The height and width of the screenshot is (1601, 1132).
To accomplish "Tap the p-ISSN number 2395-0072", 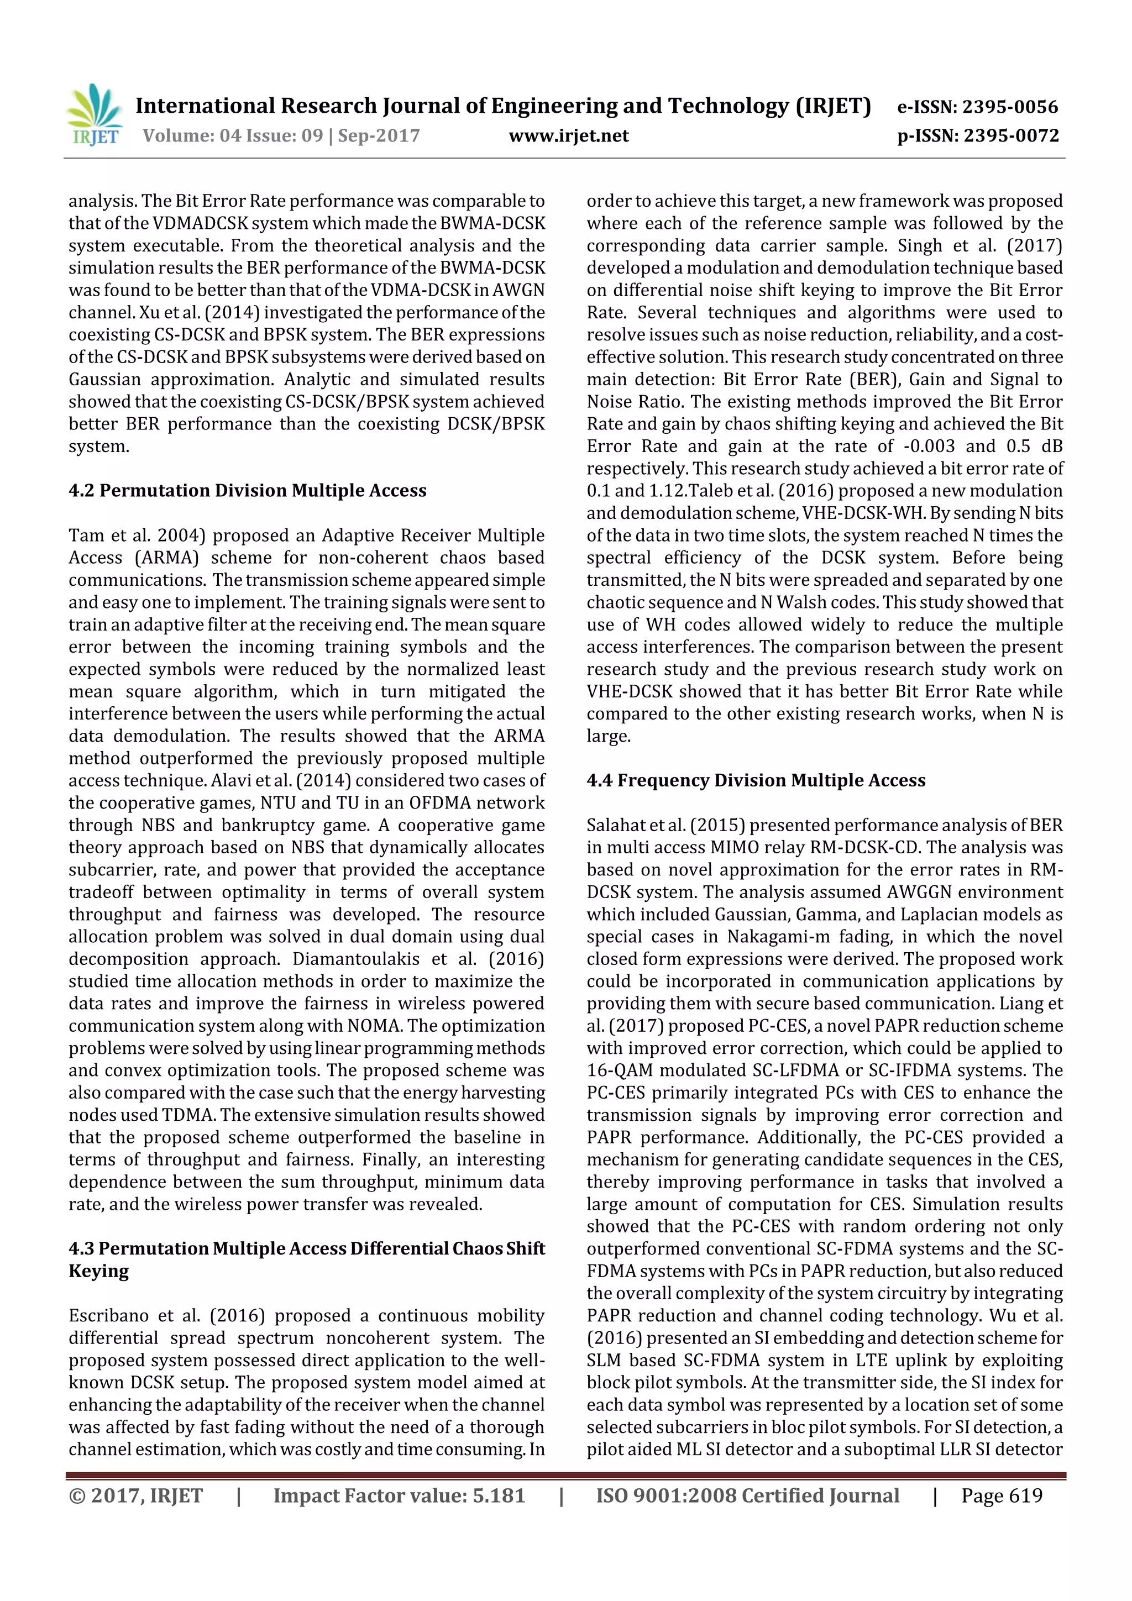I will tap(1012, 136).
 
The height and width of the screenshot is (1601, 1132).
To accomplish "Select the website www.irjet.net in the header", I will tap(568, 136).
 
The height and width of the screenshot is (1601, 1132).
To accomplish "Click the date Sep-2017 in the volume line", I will tap(379, 136).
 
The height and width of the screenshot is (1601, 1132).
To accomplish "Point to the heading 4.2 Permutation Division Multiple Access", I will tap(247, 490).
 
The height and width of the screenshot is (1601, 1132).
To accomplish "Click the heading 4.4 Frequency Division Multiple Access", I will tap(756, 780).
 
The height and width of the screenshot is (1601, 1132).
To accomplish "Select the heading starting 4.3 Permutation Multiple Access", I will tap(306, 1248).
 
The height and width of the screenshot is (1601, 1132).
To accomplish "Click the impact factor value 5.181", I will tap(498, 1495).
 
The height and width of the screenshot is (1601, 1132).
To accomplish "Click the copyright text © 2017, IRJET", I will tap(135, 1495).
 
